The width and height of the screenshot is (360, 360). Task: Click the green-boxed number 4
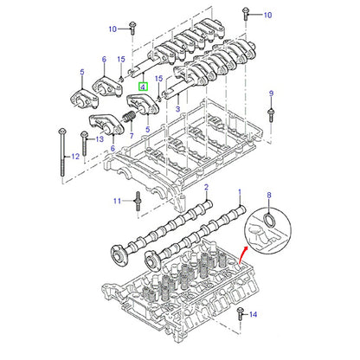pyautogui.click(x=143, y=87)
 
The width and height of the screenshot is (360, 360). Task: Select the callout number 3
pyautogui.click(x=177, y=109)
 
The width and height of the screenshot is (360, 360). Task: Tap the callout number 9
pyautogui.click(x=271, y=93)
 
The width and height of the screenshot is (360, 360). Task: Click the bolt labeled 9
pyautogui.click(x=271, y=115)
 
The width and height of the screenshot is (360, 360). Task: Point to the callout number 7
pyautogui.click(x=132, y=135)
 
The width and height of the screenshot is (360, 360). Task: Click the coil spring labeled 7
pyautogui.click(x=128, y=117)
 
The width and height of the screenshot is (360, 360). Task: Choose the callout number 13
pyautogui.click(x=100, y=139)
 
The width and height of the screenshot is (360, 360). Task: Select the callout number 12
pyautogui.click(x=75, y=157)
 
